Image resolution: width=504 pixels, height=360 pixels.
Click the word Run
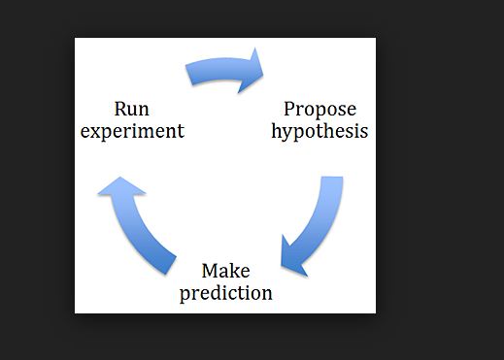click(131, 109)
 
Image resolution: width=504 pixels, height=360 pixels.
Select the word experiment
click(132, 130)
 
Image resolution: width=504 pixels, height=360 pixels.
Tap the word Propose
click(319, 109)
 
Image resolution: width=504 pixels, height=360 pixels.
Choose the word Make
click(225, 271)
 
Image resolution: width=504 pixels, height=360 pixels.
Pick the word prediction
click(225, 292)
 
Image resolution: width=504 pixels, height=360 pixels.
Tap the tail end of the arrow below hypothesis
click(331, 181)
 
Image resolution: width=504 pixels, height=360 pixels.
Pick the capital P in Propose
click(289, 109)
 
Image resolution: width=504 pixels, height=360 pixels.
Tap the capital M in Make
click(210, 271)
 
